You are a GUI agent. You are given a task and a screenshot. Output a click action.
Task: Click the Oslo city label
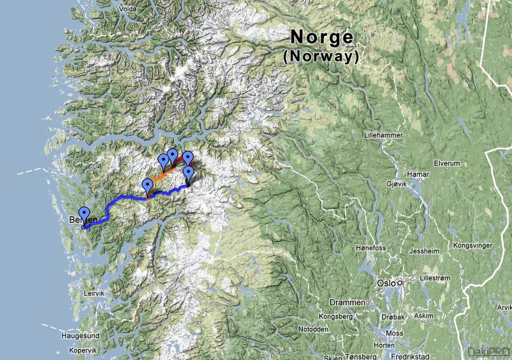click(385, 282)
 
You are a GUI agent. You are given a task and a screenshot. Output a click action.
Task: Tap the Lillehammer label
click(381, 136)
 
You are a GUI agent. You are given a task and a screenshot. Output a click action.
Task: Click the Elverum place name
click(446, 163)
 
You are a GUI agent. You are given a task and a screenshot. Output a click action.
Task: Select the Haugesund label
click(80, 335)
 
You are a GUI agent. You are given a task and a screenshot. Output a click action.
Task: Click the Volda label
click(127, 10)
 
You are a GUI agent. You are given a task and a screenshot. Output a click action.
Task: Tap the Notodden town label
click(314, 329)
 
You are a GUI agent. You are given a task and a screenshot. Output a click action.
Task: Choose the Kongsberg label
click(335, 316)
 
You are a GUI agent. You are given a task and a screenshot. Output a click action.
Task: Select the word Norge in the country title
click(321, 37)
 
